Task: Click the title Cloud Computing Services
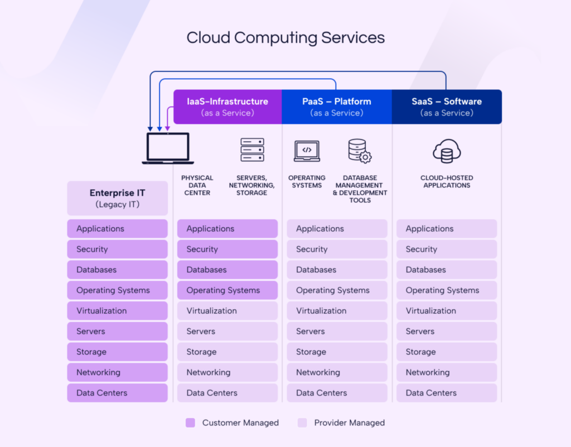(x=285, y=38)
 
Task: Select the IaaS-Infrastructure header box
(x=228, y=107)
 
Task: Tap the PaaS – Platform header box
(x=337, y=107)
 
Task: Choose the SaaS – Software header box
(x=447, y=107)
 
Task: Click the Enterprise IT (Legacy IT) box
(x=117, y=198)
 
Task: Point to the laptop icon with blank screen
(x=168, y=148)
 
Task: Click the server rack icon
(x=252, y=150)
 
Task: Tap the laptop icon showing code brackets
(x=307, y=151)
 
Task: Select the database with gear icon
(x=360, y=151)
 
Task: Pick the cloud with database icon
(x=447, y=151)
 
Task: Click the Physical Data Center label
(x=197, y=185)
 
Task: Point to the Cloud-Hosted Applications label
(x=447, y=181)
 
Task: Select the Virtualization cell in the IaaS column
(x=228, y=311)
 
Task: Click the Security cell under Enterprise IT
(x=117, y=249)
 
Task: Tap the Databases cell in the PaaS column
(x=337, y=270)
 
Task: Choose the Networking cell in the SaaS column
(x=447, y=372)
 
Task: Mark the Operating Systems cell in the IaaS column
(x=228, y=290)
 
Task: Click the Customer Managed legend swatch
(x=190, y=422)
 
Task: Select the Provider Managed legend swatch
(x=302, y=422)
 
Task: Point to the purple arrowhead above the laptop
(x=167, y=128)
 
